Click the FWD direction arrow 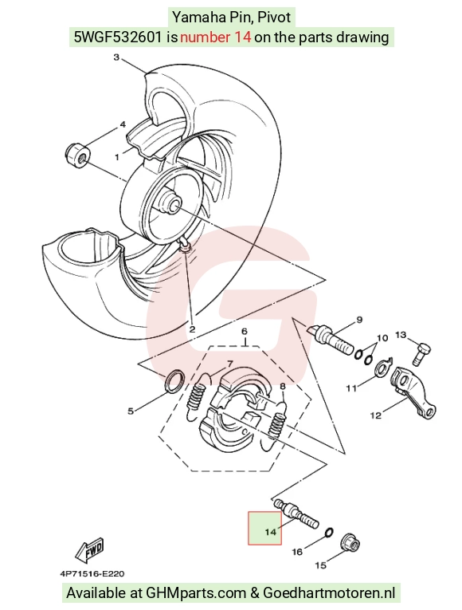tap(90, 549)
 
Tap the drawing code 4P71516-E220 tap(92, 573)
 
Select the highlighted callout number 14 tap(270, 531)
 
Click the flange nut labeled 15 tap(350, 543)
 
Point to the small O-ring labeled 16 tap(328, 532)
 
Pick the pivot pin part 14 tap(296, 513)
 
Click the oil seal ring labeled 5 tap(175, 381)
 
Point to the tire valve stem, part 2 tap(184, 245)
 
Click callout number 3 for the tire tap(116, 57)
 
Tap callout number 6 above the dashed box tap(245, 332)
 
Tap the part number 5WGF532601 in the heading tap(118, 37)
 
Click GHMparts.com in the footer tap(196, 593)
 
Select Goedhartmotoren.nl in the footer tap(330, 593)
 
